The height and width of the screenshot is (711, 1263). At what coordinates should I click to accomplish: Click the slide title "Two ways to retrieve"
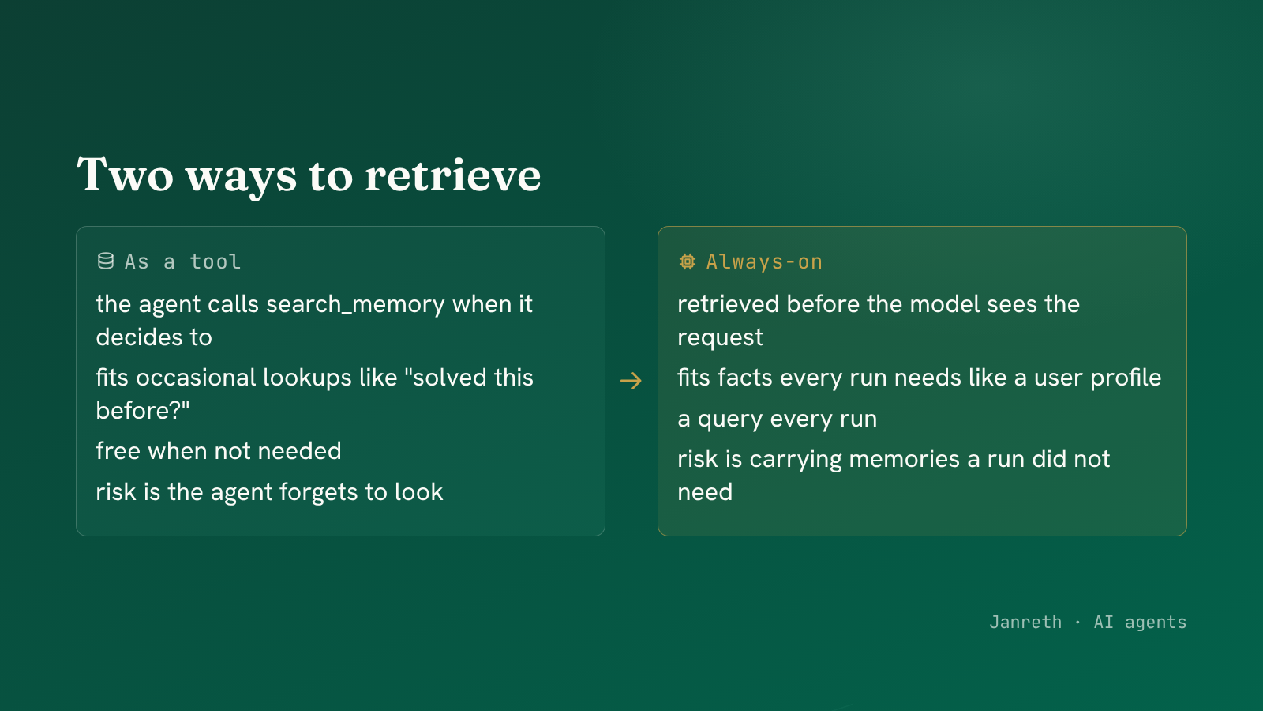tap(309, 175)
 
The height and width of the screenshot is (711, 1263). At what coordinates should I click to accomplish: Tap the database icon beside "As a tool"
tap(106, 261)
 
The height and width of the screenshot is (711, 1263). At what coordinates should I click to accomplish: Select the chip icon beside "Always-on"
tap(688, 261)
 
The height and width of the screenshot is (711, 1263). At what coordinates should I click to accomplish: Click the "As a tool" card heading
tap(182, 261)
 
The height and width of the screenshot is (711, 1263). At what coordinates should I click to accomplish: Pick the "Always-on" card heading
tap(764, 261)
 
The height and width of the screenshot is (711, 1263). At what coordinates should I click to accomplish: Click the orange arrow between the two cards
tap(631, 381)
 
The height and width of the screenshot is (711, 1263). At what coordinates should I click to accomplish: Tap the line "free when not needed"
tap(218, 451)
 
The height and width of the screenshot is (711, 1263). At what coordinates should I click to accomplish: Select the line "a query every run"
tap(777, 419)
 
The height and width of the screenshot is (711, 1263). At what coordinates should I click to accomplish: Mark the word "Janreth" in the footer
tap(1025, 623)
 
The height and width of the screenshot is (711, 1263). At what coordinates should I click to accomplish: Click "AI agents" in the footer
tap(1140, 623)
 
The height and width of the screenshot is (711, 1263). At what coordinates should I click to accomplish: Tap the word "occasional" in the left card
tap(196, 378)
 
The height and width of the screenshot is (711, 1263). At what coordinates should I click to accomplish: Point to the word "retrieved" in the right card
tap(728, 304)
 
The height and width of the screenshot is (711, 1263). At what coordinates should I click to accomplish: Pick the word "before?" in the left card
tap(143, 410)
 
